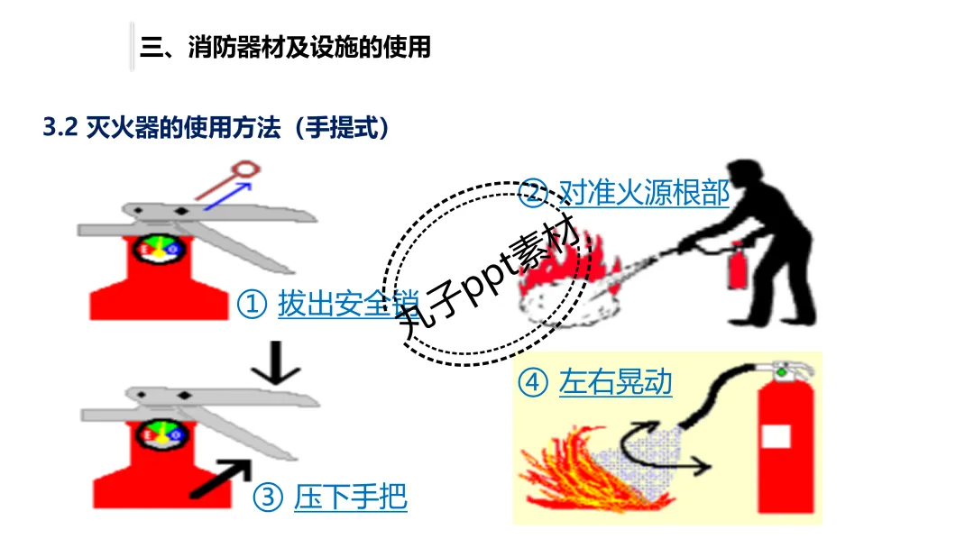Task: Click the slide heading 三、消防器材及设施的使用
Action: click(285, 47)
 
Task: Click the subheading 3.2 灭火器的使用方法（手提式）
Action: click(217, 127)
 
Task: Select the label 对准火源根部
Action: click(643, 193)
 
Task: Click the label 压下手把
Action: click(350, 497)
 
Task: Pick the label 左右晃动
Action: click(615, 383)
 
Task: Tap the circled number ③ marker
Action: click(268, 497)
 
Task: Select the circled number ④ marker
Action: click(532, 383)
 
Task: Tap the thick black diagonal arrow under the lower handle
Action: click(219, 478)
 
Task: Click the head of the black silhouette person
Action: click(746, 178)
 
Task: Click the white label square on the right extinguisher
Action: click(776, 436)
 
